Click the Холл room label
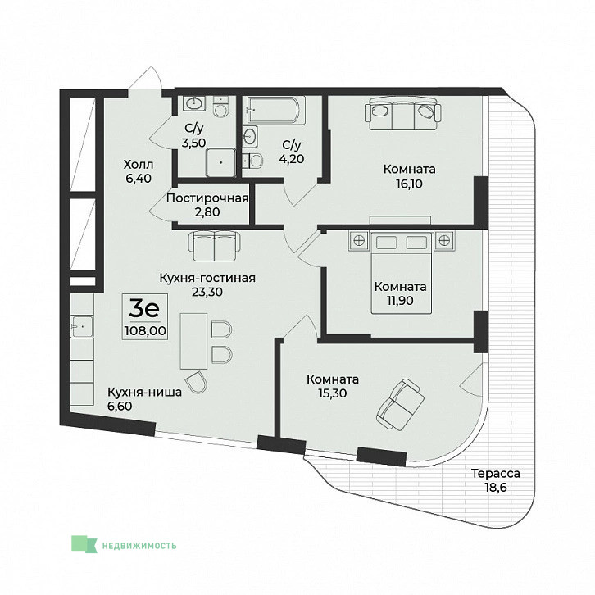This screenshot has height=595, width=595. (139, 165)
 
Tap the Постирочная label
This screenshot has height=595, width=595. (207, 198)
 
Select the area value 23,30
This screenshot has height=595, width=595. (207, 292)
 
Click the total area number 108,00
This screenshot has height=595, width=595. (145, 331)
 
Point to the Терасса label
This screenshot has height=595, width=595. (496, 474)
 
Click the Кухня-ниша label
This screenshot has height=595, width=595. (144, 392)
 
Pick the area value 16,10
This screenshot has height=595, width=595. (409, 184)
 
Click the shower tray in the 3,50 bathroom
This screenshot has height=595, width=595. (220, 162)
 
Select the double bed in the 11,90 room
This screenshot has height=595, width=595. (401, 272)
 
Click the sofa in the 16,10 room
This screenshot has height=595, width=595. (402, 113)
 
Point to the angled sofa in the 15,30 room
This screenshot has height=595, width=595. (400, 405)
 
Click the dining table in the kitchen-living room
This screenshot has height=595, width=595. (193, 341)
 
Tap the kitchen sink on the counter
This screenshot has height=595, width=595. (82, 327)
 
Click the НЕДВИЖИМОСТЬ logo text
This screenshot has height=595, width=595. (139, 546)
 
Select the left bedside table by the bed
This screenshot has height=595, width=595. (359, 240)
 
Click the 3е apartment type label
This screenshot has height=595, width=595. (143, 308)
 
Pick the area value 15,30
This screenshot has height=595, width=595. (333, 393)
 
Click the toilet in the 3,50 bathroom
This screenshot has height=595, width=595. (220, 107)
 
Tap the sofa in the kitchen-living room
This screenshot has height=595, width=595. (215, 246)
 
